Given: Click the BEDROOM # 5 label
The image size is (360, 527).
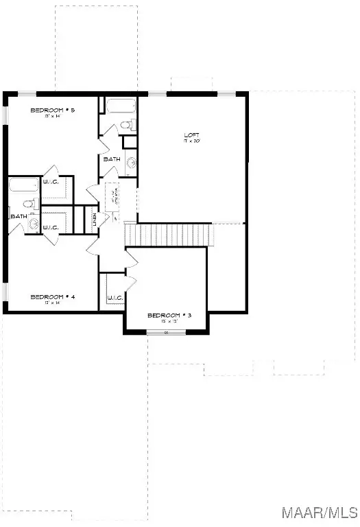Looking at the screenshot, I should [52, 110].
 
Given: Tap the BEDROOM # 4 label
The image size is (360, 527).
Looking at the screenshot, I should [52, 296].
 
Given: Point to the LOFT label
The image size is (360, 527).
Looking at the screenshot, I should [191, 134].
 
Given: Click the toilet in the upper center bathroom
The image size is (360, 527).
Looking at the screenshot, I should [126, 126].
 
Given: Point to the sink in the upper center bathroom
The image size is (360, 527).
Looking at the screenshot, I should [132, 163].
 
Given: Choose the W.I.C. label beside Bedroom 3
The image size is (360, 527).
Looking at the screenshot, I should [114, 298].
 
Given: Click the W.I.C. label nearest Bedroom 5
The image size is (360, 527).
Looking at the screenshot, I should [51, 181].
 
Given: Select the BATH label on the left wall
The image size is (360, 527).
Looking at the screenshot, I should [18, 217].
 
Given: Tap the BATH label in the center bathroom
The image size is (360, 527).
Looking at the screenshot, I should [112, 159].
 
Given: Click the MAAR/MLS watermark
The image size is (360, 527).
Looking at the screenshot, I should [328, 513].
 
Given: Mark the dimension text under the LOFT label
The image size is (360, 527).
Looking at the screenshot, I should [191, 141].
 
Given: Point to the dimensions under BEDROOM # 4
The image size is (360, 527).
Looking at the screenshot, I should [52, 303].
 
